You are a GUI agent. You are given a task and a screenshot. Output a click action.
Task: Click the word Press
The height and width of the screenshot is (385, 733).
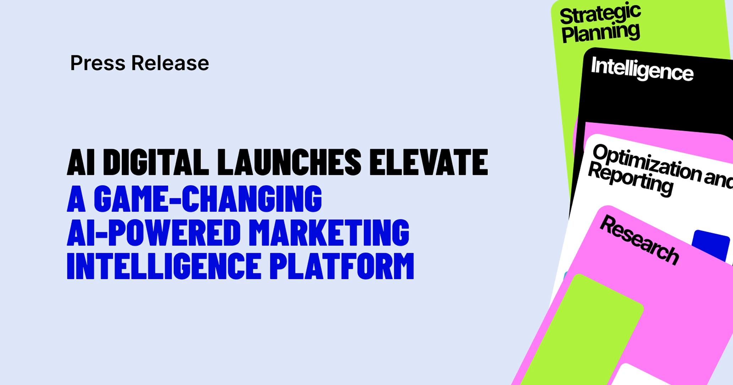click(98, 63)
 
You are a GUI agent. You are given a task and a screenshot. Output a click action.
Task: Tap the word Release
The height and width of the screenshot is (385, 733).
click(170, 63)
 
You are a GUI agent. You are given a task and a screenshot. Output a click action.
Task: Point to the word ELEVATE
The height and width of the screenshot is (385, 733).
click(429, 162)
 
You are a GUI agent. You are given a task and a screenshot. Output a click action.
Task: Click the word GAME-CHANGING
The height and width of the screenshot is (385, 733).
click(208, 199)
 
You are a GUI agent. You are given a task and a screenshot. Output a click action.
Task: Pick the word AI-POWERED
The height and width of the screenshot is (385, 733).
click(154, 233)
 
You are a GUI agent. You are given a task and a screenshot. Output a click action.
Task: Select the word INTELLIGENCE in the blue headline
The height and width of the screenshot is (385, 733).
click(164, 266)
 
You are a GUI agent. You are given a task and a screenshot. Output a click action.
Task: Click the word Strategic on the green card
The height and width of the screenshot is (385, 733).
click(600, 13)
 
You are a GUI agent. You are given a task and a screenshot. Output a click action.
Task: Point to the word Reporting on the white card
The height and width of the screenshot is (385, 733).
click(631, 179)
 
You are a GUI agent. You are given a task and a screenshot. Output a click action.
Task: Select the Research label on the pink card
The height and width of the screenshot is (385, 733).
click(640, 240)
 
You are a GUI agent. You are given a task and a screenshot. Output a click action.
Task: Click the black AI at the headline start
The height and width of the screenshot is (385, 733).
click(81, 162)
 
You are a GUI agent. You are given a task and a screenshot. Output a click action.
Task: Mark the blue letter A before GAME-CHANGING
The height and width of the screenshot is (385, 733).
click(76, 199)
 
